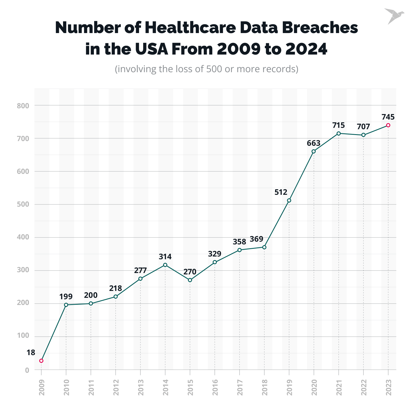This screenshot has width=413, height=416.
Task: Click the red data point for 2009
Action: (x=41, y=361)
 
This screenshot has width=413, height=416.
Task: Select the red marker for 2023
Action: (x=388, y=125)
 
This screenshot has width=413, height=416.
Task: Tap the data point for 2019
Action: (x=289, y=200)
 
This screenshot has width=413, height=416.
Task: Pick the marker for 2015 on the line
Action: (x=190, y=280)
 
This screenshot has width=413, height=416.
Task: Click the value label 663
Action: (x=314, y=143)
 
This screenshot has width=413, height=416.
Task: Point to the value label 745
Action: (x=388, y=117)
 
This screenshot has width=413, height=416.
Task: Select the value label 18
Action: (x=31, y=352)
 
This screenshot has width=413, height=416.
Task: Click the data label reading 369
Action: (x=256, y=239)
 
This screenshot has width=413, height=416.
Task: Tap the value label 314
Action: (x=165, y=256)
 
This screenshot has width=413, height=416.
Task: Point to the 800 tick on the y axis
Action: (x=23, y=106)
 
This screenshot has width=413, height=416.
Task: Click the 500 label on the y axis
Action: (x=23, y=204)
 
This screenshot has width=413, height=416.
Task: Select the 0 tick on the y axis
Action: (x=27, y=370)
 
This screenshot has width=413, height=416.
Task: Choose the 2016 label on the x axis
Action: (x=215, y=387)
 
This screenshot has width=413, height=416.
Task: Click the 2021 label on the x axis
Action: (x=339, y=387)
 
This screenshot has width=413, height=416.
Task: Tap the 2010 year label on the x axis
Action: (x=66, y=387)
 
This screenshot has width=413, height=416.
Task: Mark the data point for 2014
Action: (x=165, y=265)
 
